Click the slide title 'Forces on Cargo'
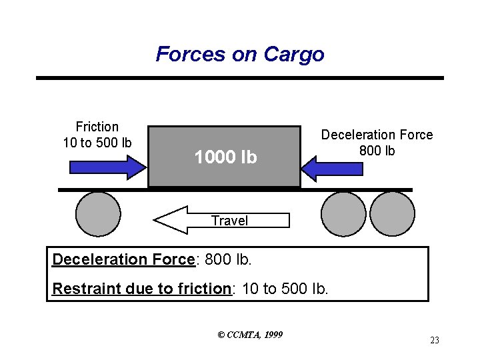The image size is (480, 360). pyautogui.click(x=240, y=54)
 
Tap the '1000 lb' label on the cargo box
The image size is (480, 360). pyautogui.click(x=225, y=157)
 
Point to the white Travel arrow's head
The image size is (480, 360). pyautogui.click(x=170, y=219)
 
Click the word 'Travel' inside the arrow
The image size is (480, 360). pyautogui.click(x=229, y=221)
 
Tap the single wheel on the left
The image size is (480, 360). pyautogui.click(x=98, y=214)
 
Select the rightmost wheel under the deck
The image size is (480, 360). pyautogui.click(x=392, y=214)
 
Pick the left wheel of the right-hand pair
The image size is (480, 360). pyautogui.click(x=343, y=214)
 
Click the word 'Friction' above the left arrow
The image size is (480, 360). pyautogui.click(x=97, y=127)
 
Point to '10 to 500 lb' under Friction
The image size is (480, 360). pyautogui.click(x=97, y=142)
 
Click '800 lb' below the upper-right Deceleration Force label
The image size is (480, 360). pyautogui.click(x=377, y=151)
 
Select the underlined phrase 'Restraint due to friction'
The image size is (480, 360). pyautogui.click(x=141, y=289)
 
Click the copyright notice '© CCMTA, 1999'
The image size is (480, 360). pyautogui.click(x=250, y=334)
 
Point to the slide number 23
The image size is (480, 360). pyautogui.click(x=435, y=341)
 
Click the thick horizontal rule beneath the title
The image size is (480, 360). pyautogui.click(x=240, y=78)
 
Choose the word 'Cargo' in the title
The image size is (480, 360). pyautogui.click(x=294, y=54)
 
